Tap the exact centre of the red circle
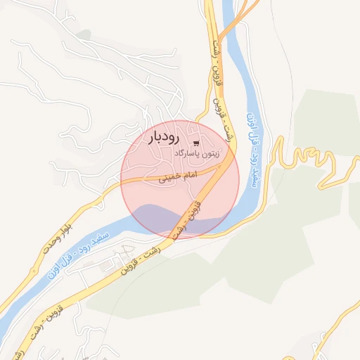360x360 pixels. (180, 180)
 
